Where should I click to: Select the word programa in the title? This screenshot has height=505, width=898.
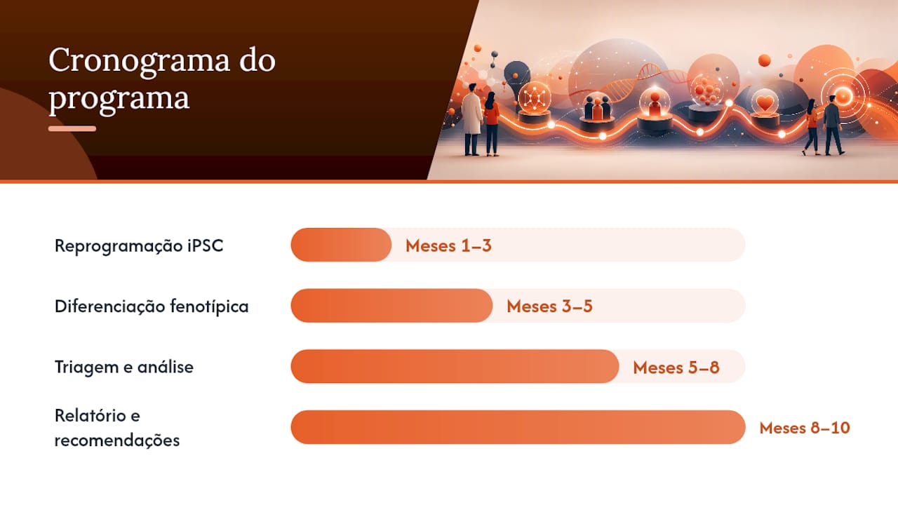[119, 99]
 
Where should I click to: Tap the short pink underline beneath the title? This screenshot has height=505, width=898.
[72, 128]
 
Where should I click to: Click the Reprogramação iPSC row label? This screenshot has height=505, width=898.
[139, 245]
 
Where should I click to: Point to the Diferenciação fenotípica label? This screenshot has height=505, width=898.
[152, 307]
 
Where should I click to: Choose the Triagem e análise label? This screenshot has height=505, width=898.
[124, 367]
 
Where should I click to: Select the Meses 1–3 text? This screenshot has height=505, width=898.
[448, 245]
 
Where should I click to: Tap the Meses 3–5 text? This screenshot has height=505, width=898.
[549, 307]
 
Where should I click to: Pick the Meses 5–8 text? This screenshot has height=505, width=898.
[676, 368]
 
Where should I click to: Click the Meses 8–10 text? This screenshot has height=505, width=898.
[805, 428]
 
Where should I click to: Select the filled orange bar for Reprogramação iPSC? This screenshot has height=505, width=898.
[341, 245]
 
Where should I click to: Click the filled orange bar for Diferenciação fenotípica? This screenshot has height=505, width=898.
[391, 305]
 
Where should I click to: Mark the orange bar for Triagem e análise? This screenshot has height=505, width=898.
[455, 366]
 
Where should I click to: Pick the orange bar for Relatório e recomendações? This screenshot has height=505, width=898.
[518, 427]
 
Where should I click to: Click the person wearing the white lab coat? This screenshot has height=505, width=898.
[471, 119]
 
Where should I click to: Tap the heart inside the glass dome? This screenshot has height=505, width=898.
[765, 103]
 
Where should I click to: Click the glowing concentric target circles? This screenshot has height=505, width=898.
[843, 96]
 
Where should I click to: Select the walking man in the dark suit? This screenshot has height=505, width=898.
[833, 125]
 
